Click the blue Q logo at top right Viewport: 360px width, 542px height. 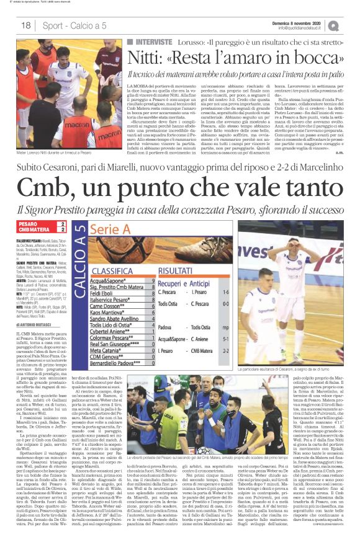pos(351,25)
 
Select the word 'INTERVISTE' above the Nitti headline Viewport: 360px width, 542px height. pos(150,40)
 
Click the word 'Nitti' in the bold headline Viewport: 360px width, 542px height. pos(146,58)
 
